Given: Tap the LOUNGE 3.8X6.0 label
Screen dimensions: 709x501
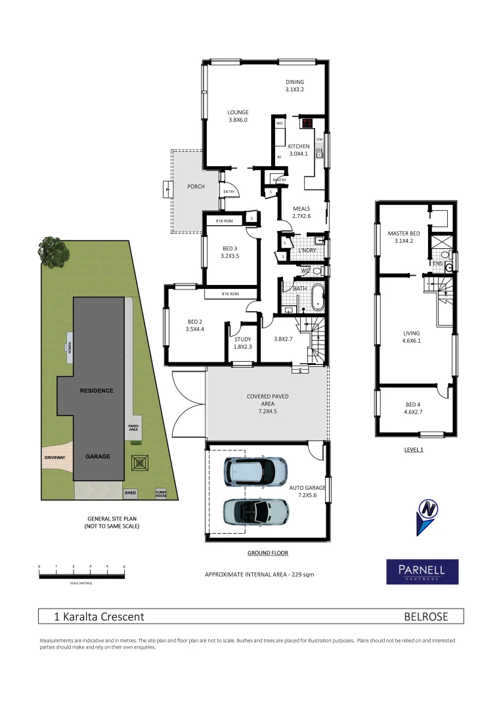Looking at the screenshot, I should pyautogui.click(x=238, y=116).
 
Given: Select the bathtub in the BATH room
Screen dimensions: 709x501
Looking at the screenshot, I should pyautogui.click(x=317, y=297).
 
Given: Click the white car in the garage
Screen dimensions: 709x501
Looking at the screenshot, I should pyautogui.click(x=255, y=471).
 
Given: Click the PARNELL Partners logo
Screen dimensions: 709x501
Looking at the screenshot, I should pyautogui.click(x=422, y=572).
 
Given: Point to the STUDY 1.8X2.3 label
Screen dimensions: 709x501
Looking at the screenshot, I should pyautogui.click(x=243, y=343).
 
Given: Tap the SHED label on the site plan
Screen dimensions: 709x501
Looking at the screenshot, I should pyautogui.click(x=131, y=492).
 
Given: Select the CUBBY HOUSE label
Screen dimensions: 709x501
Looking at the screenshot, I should pyautogui.click(x=161, y=493).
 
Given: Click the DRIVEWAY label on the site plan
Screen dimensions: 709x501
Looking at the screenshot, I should pyautogui.click(x=55, y=457).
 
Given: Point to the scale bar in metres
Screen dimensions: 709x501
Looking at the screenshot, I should pyautogui.click(x=81, y=575).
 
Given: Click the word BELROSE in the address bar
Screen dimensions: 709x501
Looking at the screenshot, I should pyautogui.click(x=425, y=616).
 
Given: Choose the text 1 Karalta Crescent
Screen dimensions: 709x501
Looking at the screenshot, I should pyautogui.click(x=99, y=616).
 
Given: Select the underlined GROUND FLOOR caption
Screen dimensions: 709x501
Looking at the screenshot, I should pyautogui.click(x=267, y=553).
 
